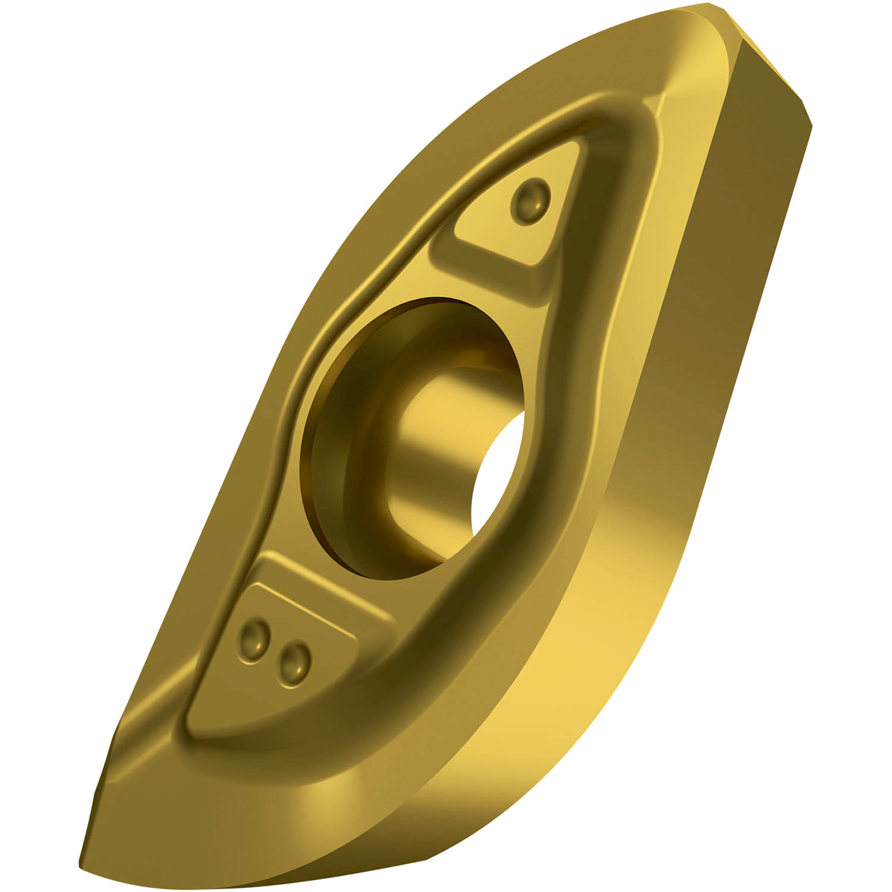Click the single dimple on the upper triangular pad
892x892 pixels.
point(530,200)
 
